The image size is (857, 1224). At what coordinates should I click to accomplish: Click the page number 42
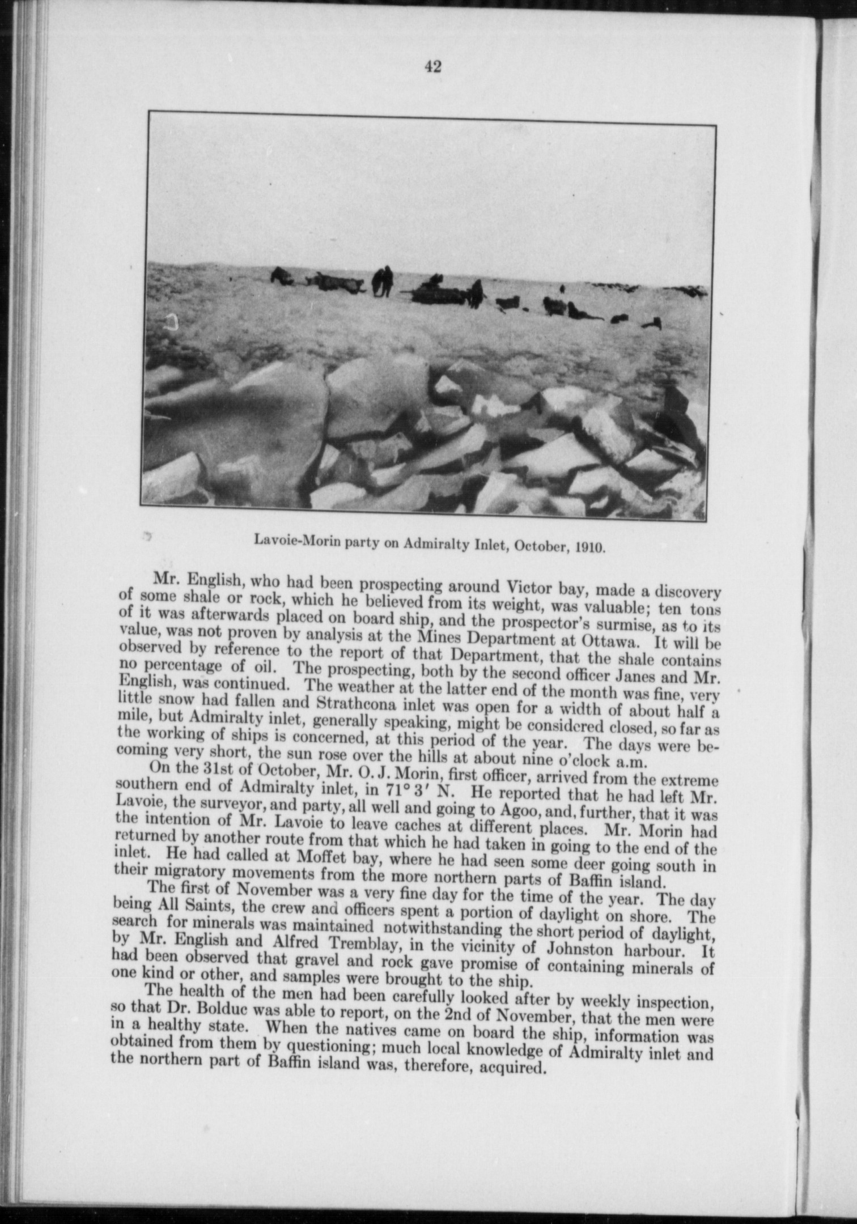click(432, 67)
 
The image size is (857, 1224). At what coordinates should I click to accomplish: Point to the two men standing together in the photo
click(382, 281)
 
